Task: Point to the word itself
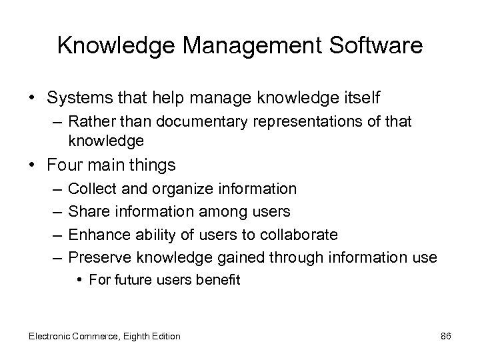click(x=361, y=98)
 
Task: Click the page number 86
click(x=446, y=336)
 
